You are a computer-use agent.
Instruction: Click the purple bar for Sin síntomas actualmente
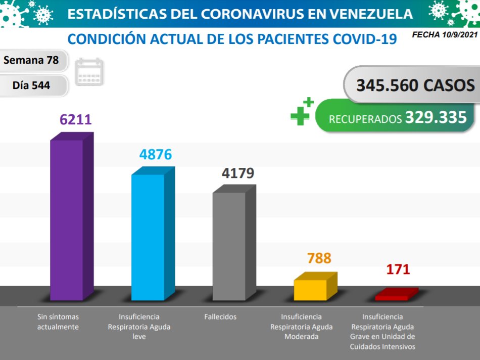(x=67, y=220)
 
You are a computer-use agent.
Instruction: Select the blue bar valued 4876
(x=148, y=238)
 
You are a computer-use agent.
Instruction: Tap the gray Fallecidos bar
(x=229, y=246)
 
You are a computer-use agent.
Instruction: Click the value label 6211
(x=75, y=119)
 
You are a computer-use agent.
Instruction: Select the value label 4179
(x=238, y=173)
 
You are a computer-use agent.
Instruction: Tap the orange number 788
(x=319, y=258)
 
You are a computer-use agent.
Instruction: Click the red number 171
(x=398, y=269)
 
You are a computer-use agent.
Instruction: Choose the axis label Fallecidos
(x=220, y=317)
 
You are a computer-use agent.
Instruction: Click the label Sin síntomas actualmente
(x=58, y=322)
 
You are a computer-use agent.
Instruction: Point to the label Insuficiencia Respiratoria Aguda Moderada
(x=301, y=327)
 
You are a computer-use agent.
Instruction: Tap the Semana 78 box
(x=31, y=61)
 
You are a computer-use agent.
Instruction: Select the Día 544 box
(x=31, y=85)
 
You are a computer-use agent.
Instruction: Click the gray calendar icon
(x=89, y=71)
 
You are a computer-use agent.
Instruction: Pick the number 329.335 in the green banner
(x=436, y=118)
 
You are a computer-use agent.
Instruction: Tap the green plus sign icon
(x=301, y=111)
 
